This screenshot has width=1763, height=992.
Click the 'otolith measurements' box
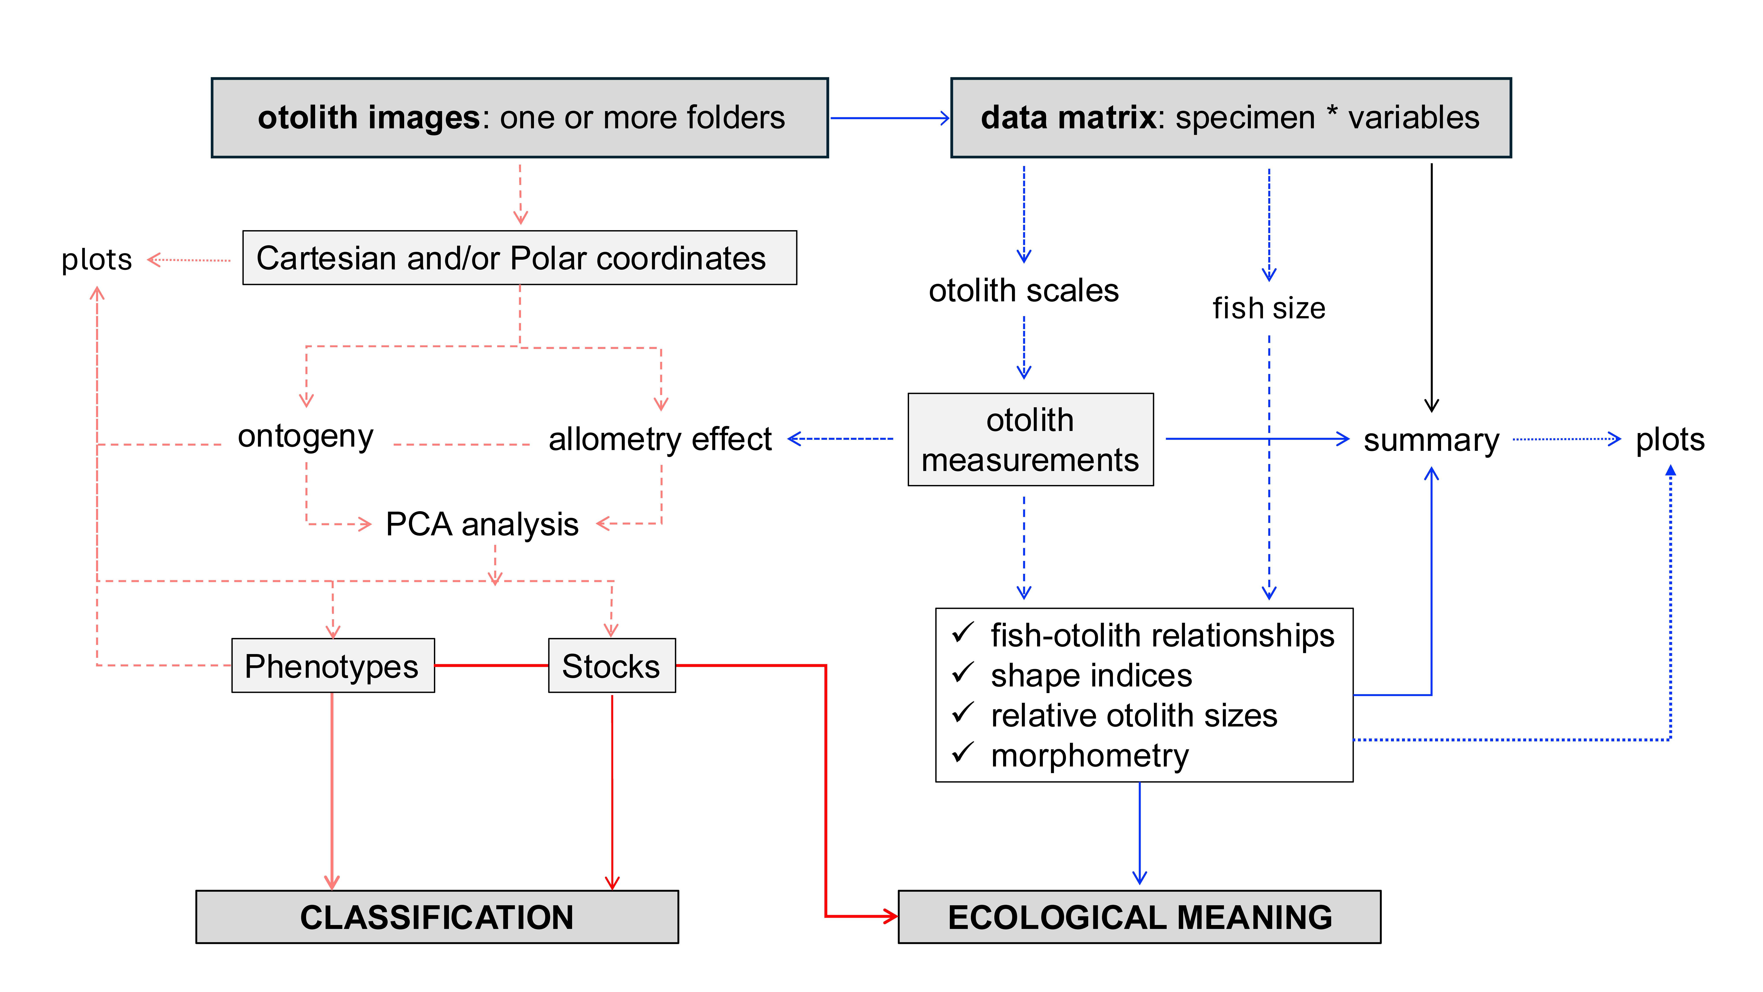pos(1030,440)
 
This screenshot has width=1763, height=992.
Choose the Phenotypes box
pos(333,666)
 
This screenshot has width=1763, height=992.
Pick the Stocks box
pos(611,666)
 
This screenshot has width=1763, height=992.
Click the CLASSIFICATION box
pos(437,917)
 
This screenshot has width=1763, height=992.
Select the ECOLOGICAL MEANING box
pos(1139,917)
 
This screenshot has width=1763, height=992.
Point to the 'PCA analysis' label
pos(482,524)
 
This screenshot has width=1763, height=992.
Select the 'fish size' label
pos(1268,308)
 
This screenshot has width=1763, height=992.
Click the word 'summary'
pos(1430,440)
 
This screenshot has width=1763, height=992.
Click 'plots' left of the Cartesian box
pos(97,259)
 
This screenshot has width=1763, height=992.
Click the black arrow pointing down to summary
pos(1431,287)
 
